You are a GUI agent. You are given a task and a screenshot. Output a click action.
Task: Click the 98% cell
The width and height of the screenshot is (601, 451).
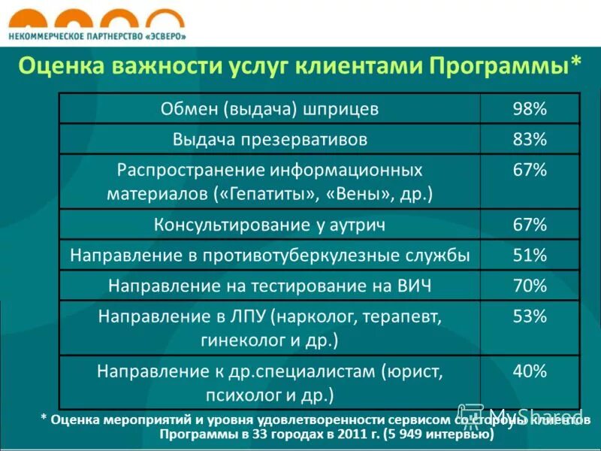click(529, 109)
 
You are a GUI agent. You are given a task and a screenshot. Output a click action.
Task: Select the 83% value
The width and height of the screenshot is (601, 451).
click(529, 139)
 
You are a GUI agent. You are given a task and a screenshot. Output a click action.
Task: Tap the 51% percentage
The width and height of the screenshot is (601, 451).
click(529, 256)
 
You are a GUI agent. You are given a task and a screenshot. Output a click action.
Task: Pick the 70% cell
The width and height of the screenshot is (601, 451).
click(529, 286)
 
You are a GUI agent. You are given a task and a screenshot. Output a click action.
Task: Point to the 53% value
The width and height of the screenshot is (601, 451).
click(529, 316)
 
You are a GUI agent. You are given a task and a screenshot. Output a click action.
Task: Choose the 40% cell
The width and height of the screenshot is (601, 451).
click(529, 371)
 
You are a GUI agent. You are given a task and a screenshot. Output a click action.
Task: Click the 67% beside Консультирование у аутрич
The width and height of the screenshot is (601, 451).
click(529, 225)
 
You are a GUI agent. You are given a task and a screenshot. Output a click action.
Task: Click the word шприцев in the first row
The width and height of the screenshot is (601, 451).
click(342, 110)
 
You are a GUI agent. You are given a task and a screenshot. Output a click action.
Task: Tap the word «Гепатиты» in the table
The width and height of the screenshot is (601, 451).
click(267, 194)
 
